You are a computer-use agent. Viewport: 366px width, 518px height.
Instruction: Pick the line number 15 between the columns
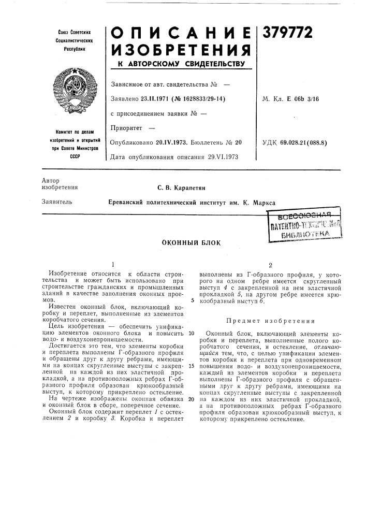[x=191, y=366]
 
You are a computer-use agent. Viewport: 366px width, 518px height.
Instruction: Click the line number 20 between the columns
[x=191, y=399]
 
